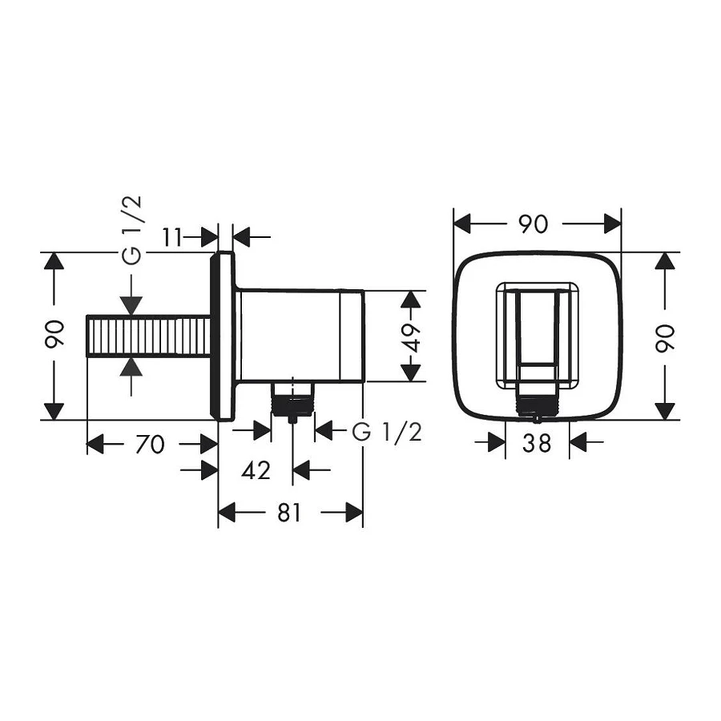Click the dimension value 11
[x=171, y=237]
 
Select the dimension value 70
[x=150, y=443]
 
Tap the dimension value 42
[x=256, y=470]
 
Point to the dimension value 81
[x=289, y=513]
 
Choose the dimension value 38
[x=537, y=442]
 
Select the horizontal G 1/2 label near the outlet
[x=387, y=433]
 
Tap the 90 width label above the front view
[x=533, y=224]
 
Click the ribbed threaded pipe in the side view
[x=148, y=336]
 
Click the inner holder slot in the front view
[x=537, y=328]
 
